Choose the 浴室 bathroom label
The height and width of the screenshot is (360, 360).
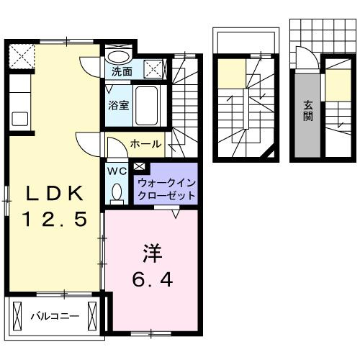(x=119, y=104)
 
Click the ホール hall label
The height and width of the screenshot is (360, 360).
(x=145, y=145)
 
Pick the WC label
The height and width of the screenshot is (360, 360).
(x=117, y=171)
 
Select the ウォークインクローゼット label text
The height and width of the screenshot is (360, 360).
(x=166, y=189)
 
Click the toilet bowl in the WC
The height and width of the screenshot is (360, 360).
(x=117, y=192)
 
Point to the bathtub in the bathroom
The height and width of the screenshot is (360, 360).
(x=150, y=107)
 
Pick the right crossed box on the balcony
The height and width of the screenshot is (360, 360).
(x=92, y=315)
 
